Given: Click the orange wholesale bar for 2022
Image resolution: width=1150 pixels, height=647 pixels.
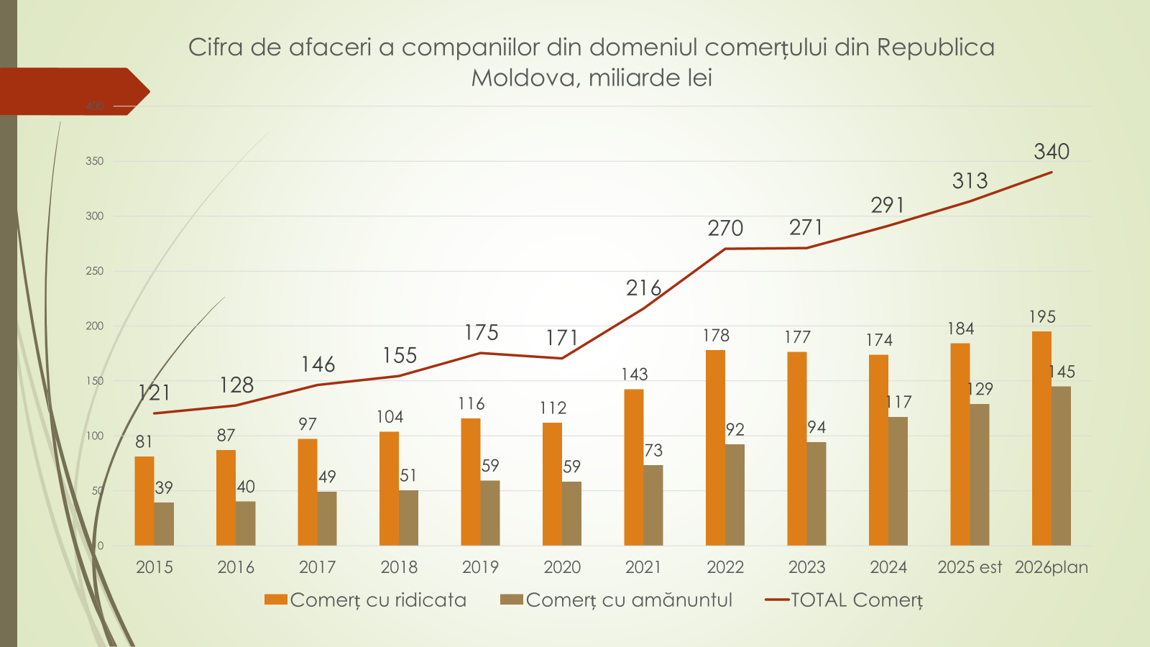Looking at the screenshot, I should click(715, 447).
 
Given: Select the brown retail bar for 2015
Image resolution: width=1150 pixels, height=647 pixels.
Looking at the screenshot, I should click(164, 523).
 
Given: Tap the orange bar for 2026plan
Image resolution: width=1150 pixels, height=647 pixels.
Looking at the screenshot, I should click(1041, 439).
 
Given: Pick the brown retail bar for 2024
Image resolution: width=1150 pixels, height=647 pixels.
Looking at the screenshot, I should click(898, 481).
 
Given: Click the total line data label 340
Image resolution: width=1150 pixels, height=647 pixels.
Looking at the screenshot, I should click(1052, 152).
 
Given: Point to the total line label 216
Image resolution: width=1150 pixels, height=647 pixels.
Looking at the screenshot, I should click(643, 288).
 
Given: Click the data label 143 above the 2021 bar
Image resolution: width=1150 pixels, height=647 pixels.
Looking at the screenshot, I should click(635, 375).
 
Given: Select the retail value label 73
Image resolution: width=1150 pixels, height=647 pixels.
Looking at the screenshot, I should click(653, 451).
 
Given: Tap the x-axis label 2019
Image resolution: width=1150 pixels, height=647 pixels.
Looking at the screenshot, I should click(480, 567).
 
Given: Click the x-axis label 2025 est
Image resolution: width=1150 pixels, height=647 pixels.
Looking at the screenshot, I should click(970, 567).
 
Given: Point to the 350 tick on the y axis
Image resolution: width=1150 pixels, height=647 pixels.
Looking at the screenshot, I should click(94, 161).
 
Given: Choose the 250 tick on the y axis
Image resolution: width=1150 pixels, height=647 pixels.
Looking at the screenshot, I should click(94, 271).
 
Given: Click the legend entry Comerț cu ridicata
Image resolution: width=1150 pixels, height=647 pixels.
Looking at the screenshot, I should click(378, 600).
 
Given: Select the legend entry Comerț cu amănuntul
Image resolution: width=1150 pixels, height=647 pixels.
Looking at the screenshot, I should click(629, 600).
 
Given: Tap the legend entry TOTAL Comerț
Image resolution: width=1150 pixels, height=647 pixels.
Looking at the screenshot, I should click(856, 600).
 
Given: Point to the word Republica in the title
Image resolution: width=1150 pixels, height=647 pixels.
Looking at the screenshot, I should click(935, 47).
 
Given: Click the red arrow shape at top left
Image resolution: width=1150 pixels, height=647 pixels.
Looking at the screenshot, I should click(72, 91).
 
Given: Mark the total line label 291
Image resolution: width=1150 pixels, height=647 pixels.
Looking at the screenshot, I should click(888, 206).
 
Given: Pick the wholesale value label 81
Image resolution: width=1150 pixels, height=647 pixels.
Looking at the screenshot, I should click(144, 441).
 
